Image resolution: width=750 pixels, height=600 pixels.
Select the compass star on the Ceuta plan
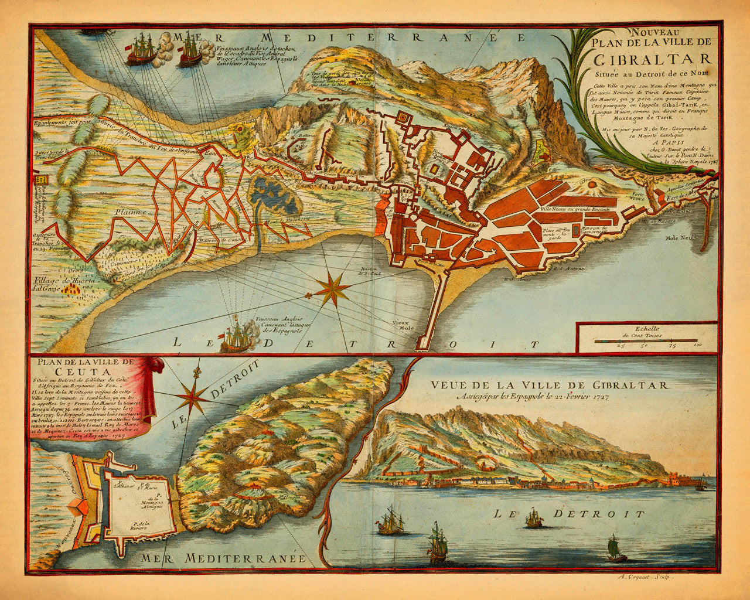192,398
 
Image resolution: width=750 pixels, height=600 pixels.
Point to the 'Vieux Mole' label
403,325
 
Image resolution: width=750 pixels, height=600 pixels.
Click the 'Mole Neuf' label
679,238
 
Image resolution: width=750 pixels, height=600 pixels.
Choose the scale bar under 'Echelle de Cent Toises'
646,340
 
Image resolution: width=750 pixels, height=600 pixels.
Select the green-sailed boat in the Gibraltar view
615,549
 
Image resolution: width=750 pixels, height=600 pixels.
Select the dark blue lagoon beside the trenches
275,196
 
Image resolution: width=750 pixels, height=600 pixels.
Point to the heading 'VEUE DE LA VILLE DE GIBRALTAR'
549,385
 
